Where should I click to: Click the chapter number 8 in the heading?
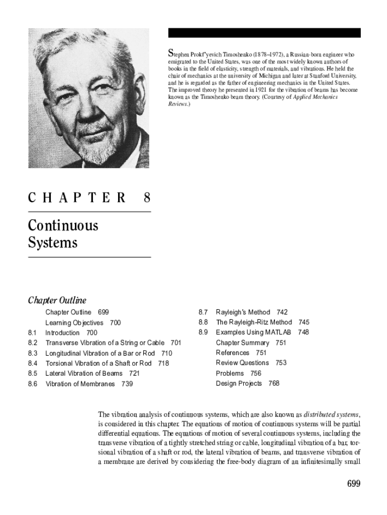147,198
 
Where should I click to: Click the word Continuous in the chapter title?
63,225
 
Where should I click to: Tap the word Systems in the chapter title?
53,243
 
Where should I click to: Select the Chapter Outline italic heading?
57,300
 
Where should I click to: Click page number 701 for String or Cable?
176,343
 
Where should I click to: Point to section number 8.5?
33,373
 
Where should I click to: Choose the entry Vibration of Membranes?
80,384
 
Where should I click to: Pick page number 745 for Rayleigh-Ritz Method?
304,322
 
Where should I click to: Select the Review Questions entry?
242,363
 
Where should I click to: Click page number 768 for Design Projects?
274,383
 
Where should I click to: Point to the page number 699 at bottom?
354,484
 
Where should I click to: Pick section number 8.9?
203,332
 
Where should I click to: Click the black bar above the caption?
264,33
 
